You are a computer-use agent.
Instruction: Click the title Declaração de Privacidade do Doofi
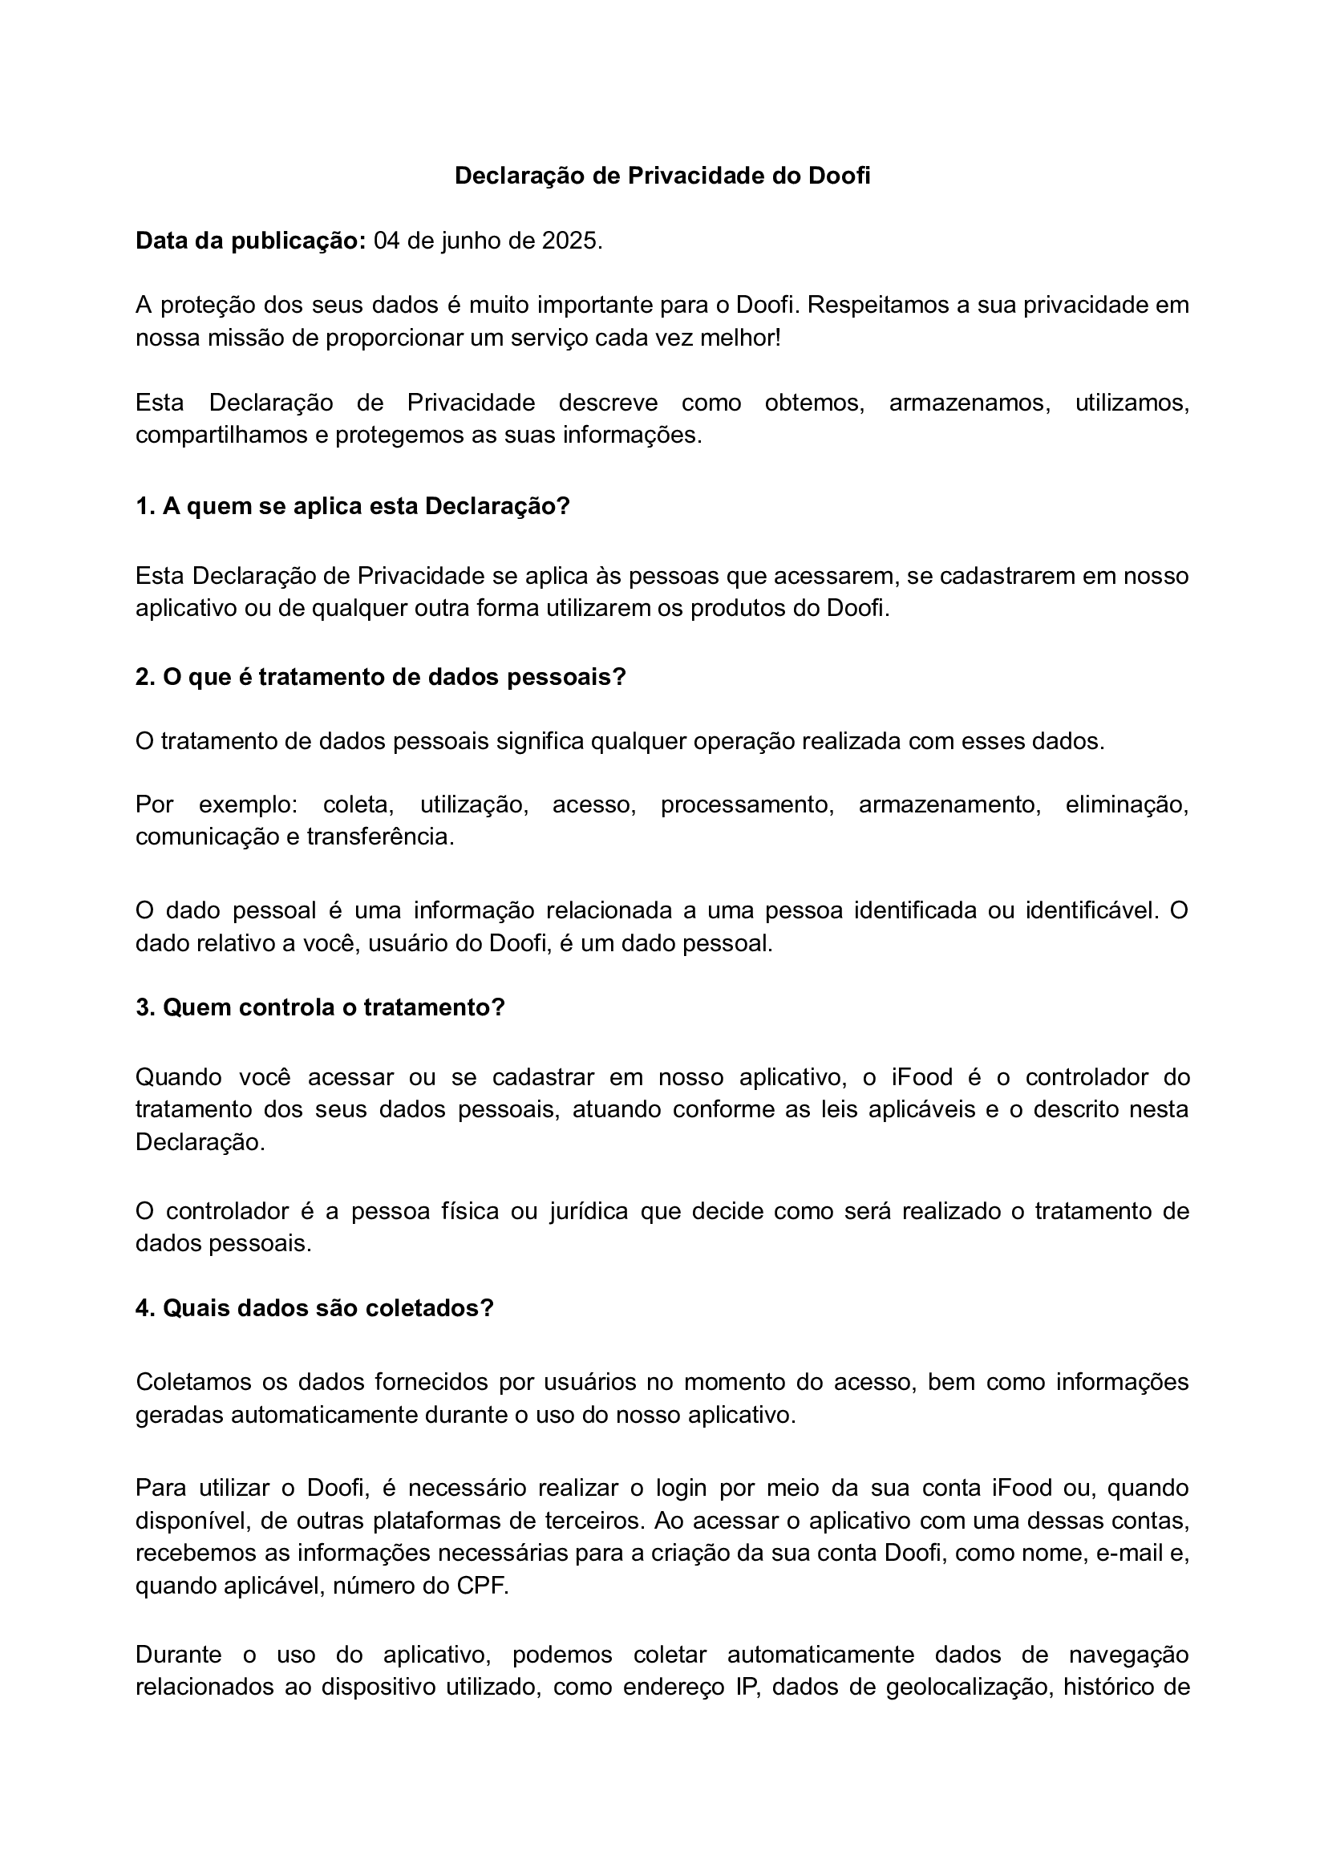662,176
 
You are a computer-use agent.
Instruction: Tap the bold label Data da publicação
250,241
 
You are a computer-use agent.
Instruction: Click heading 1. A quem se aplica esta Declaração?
352,506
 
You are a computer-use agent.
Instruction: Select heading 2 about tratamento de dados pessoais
380,677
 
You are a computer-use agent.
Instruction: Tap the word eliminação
1126,804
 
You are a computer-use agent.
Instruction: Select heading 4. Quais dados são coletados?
315,1307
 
